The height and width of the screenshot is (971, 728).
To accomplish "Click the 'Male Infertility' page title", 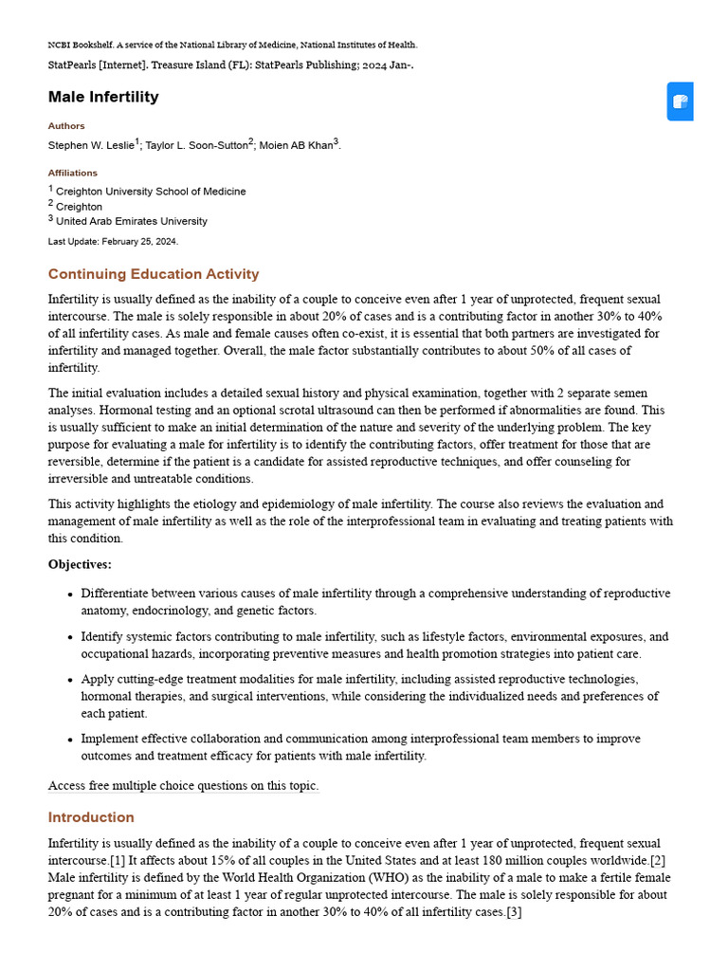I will coord(103,97).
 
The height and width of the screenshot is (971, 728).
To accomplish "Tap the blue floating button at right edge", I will coord(680,101).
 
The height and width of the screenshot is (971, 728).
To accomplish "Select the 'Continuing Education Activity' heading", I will coord(154,274).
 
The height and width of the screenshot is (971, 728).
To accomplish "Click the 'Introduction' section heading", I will coord(91,817).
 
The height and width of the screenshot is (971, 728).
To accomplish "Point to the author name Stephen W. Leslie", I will coord(91,145).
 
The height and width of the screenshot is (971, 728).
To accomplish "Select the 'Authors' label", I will coord(66,125).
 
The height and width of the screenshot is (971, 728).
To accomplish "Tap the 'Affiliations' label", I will coord(73,173).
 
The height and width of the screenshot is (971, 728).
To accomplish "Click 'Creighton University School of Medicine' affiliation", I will coord(151,192).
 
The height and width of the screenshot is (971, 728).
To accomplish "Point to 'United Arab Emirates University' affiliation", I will coord(132,222).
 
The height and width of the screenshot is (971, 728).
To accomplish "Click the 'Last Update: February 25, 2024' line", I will coord(113,242).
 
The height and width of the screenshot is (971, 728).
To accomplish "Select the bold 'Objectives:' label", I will coord(80,564).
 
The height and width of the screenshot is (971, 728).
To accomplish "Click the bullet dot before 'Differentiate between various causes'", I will coord(69,595).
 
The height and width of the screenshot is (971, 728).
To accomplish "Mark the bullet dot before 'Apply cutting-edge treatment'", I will coord(69,680).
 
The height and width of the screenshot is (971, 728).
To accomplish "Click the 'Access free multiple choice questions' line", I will coord(183,785).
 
